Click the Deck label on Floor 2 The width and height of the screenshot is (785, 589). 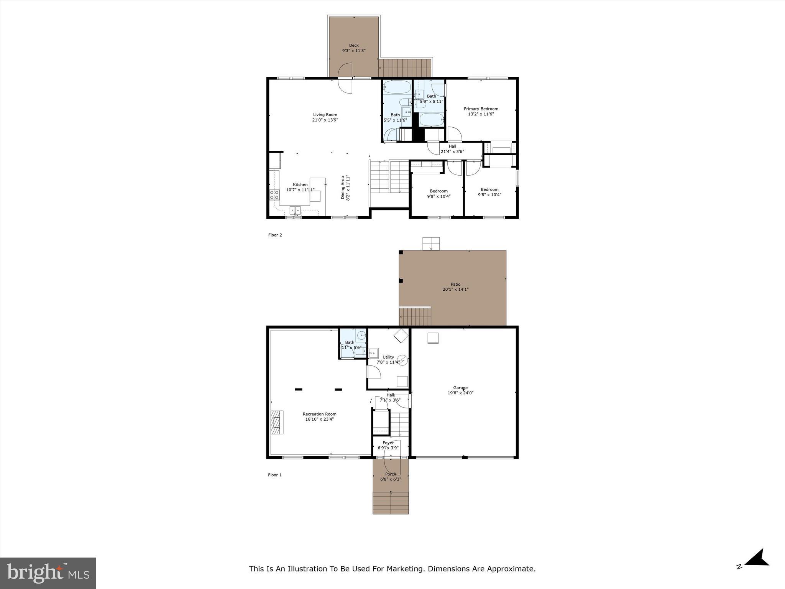point(353,45)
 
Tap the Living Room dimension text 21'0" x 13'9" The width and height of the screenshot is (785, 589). point(325,120)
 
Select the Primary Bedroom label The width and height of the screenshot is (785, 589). point(481,109)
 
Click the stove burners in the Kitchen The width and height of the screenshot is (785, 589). point(274,195)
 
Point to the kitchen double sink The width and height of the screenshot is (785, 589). point(295,210)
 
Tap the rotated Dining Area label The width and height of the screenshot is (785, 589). point(343,188)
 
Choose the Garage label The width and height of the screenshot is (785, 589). point(460,388)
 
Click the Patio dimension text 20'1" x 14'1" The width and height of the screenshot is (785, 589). point(455,290)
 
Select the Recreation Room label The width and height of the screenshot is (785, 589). point(319,414)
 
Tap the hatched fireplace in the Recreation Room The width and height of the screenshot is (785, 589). point(276,422)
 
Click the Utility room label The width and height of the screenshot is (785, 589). point(388,357)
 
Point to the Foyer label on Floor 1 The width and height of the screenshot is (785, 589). point(388,443)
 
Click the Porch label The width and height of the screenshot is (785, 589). point(390,474)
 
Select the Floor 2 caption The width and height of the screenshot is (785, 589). point(275,235)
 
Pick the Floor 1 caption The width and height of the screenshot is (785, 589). point(274,475)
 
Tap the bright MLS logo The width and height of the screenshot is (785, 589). point(48,573)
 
